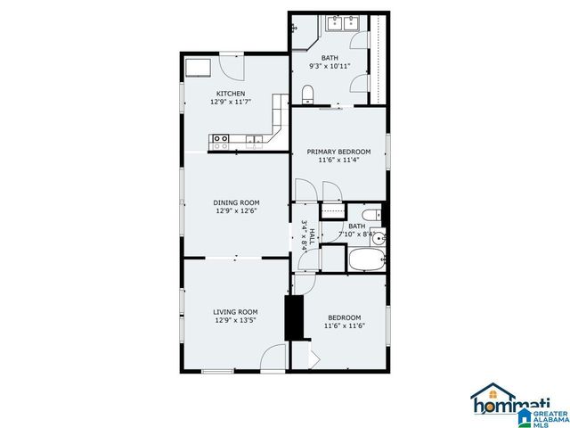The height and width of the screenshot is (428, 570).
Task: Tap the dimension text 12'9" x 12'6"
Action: pyautogui.click(x=235, y=211)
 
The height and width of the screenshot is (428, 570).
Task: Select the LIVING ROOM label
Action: pyautogui.click(x=235, y=312)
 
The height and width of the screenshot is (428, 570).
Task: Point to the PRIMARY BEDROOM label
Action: pyautogui.click(x=338, y=152)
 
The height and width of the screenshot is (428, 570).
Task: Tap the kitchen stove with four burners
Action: pyautogui.click(x=220, y=138)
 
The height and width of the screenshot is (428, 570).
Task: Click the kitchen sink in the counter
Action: pyautogui.click(x=256, y=138)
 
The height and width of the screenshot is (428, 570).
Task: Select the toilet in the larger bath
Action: pyautogui.click(x=307, y=93)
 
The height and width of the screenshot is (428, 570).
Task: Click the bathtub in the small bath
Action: pyautogui.click(x=366, y=260)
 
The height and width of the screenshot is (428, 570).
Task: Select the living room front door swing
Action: pyautogui.click(x=273, y=358)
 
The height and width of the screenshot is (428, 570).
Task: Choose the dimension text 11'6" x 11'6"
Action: pyautogui.click(x=345, y=325)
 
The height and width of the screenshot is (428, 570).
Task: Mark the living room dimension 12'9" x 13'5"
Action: pyautogui.click(x=235, y=321)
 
